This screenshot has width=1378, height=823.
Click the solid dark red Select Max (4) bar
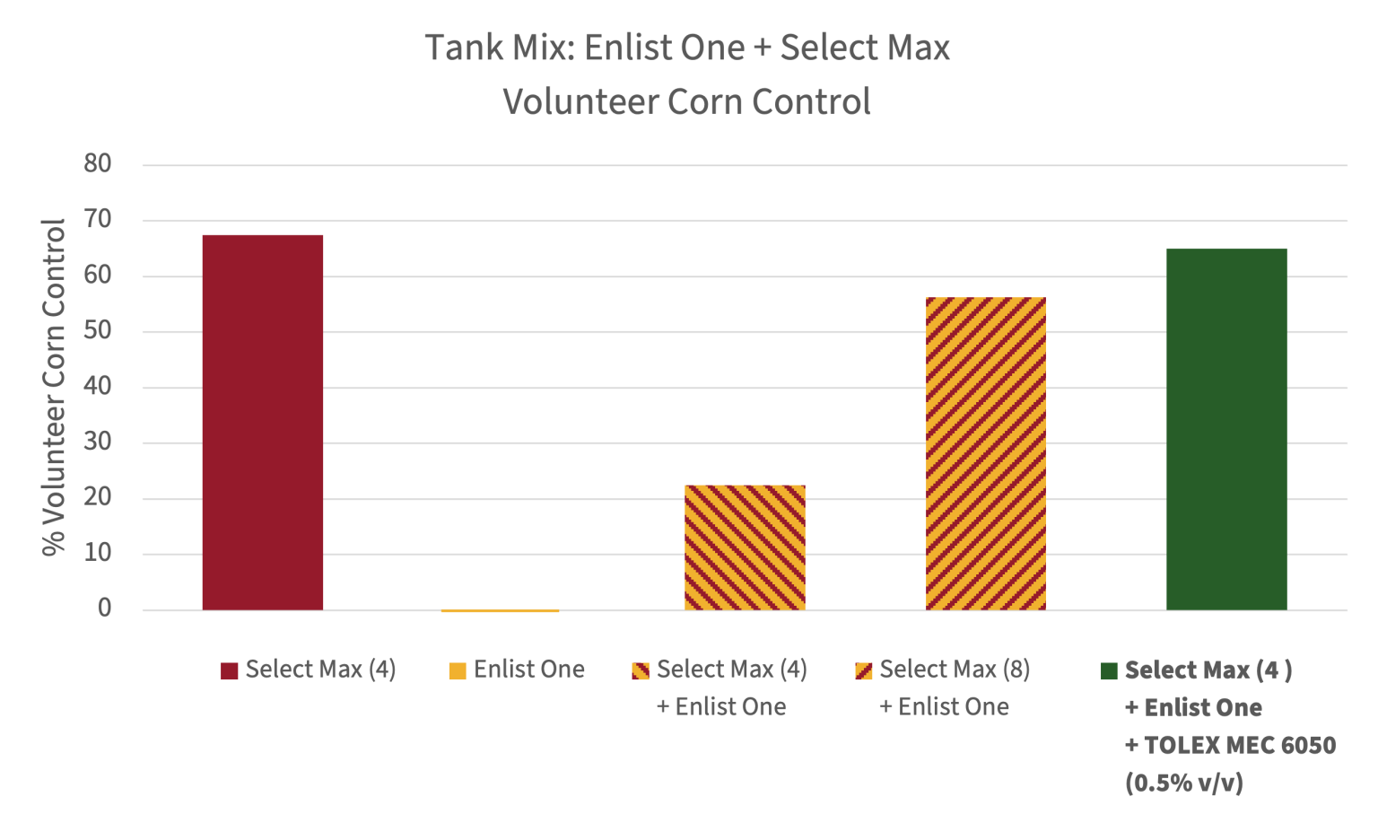pos(263,422)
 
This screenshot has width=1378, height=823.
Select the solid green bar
pos(1226,429)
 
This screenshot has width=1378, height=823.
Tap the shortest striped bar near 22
pos(745,547)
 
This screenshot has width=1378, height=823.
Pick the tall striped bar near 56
pos(985,453)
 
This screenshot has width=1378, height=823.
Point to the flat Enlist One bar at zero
pos(501,611)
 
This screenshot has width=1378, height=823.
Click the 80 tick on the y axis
pos(97,163)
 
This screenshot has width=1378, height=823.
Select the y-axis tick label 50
pos(97,331)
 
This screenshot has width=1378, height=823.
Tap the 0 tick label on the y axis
pos(105,608)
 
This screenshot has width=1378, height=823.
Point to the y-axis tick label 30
pos(97,442)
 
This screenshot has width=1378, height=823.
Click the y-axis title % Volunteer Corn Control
pos(55,387)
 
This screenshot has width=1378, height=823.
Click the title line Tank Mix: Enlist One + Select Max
pos(687,48)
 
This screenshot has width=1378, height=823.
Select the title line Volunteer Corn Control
pos(687,101)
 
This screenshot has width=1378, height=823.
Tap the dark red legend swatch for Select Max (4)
pos(230,671)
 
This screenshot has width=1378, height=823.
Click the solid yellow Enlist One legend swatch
pos(458,671)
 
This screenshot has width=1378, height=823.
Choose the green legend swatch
pos(1109,671)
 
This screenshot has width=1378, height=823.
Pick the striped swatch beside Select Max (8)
pos(864,671)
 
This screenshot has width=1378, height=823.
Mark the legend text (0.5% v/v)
pos(1184,783)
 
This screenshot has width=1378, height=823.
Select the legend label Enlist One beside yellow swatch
pos(529,670)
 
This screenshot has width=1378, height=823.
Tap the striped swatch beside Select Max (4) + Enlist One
pos(641,671)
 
